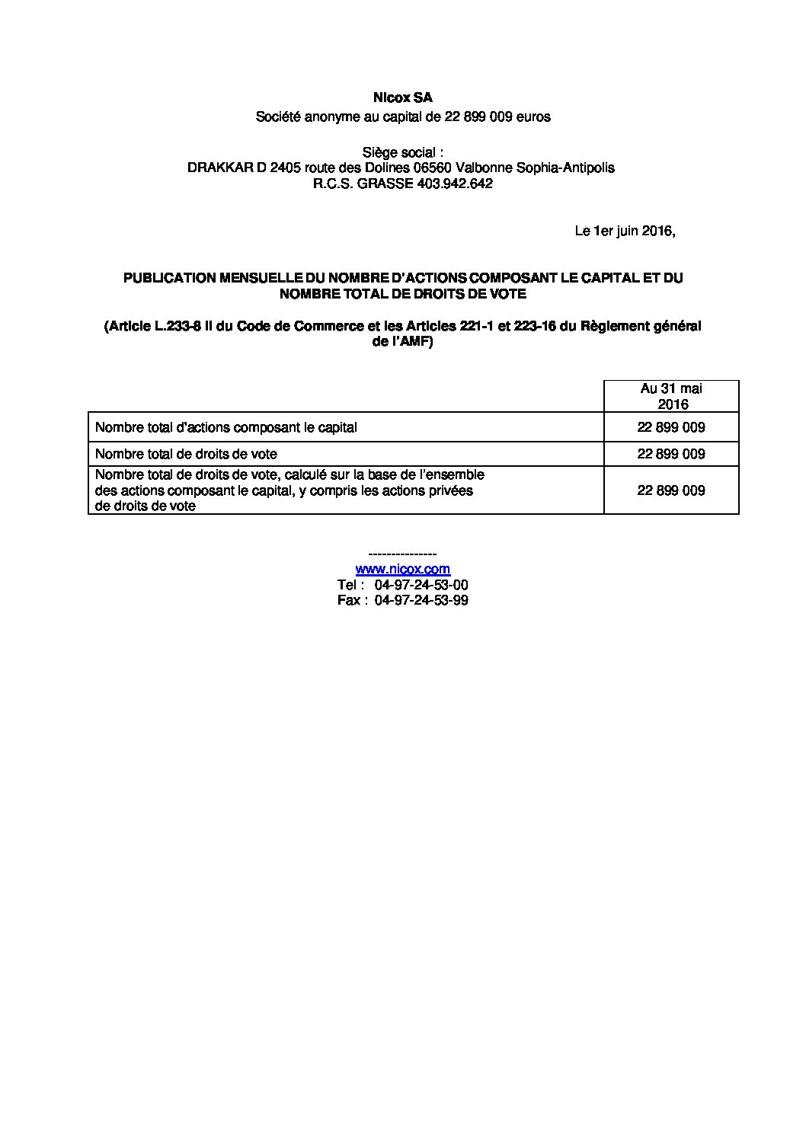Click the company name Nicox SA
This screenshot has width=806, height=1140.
[x=402, y=98]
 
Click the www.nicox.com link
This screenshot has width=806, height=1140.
[x=402, y=569]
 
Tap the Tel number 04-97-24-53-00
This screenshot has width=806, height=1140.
[x=421, y=585]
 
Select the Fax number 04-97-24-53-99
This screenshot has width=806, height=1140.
[x=421, y=600]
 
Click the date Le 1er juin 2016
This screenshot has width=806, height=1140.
[x=625, y=232]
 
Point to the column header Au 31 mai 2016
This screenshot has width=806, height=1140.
[x=671, y=396]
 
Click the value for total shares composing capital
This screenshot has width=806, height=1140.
[x=671, y=427]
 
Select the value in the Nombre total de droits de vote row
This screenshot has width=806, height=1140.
[x=671, y=454]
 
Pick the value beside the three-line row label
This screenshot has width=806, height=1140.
[x=671, y=490]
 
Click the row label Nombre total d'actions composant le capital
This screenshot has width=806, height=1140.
[x=226, y=427]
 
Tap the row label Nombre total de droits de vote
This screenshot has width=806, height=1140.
[x=186, y=454]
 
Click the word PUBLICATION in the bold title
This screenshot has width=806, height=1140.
[x=170, y=278]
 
